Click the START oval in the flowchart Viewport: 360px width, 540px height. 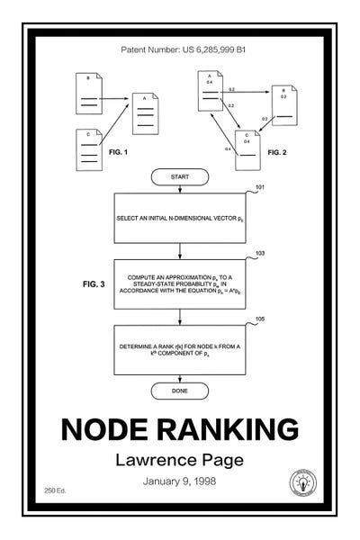[179, 177]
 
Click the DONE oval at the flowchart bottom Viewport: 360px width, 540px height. [179, 391]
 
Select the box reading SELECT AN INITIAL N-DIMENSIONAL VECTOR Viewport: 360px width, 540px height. [179, 219]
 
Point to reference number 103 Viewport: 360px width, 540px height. [260, 254]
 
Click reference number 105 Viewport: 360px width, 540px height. [260, 319]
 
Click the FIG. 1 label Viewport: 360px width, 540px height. [118, 153]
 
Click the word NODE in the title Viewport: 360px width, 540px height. [112, 428]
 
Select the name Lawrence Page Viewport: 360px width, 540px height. [179, 460]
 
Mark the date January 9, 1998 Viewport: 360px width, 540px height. [179, 482]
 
